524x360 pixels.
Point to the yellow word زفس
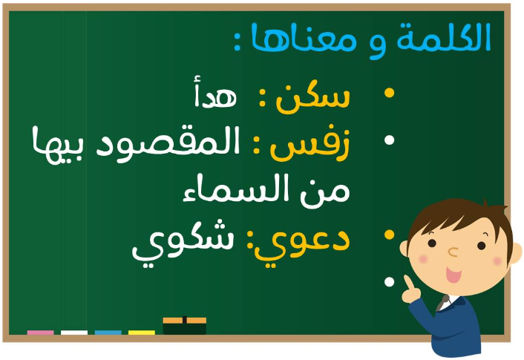310,145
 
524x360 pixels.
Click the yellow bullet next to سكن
389,93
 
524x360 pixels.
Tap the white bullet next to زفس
389,140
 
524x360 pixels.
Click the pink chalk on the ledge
40,333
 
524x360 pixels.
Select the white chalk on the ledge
74,333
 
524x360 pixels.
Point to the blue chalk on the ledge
108,333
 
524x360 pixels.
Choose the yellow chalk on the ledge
142,333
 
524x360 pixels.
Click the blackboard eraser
185,325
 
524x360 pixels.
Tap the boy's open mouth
453,275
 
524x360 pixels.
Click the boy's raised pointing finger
408,283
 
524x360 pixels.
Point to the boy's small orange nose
453,252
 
